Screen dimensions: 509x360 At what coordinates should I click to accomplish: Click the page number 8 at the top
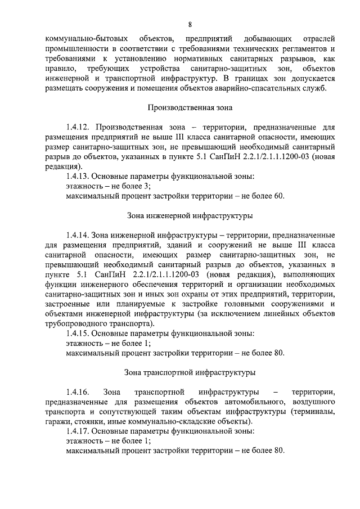(191, 25)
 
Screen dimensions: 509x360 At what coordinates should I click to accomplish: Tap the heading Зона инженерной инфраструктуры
(190, 215)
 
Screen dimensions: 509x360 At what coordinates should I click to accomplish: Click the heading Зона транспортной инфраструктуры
(190, 372)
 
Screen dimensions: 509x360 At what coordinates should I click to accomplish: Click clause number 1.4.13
(78, 177)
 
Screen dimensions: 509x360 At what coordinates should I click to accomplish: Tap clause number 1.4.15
(78, 334)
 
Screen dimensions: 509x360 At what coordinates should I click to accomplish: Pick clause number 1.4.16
(78, 391)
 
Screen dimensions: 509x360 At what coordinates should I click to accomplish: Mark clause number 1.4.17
(78, 431)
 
